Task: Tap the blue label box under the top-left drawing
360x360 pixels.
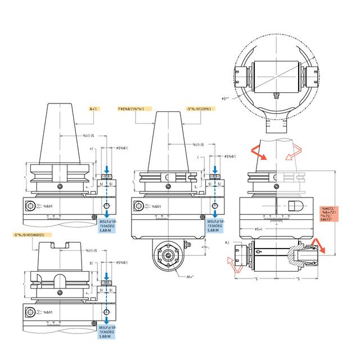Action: point(109,226)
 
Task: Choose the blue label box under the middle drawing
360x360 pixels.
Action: point(215,226)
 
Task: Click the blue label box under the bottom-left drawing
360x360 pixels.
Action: point(109,331)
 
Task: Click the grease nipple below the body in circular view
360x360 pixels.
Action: point(276,94)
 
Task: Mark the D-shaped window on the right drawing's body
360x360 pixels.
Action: point(296,205)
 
